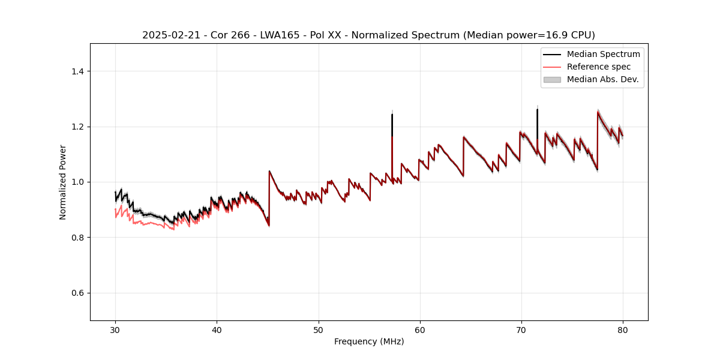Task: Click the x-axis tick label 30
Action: (115, 330)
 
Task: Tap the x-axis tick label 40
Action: (217, 330)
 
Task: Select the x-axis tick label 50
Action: (319, 330)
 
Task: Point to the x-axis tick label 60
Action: (420, 330)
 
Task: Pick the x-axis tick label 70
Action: (521, 330)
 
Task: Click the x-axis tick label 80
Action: (623, 330)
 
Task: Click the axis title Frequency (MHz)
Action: (369, 341)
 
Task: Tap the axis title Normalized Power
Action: (63, 182)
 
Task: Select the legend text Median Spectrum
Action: (603, 54)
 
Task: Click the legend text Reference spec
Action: (599, 67)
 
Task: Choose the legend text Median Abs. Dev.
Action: (603, 79)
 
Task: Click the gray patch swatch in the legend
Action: (552, 79)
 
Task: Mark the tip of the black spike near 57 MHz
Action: (392, 115)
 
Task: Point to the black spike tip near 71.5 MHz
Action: (537, 109)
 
